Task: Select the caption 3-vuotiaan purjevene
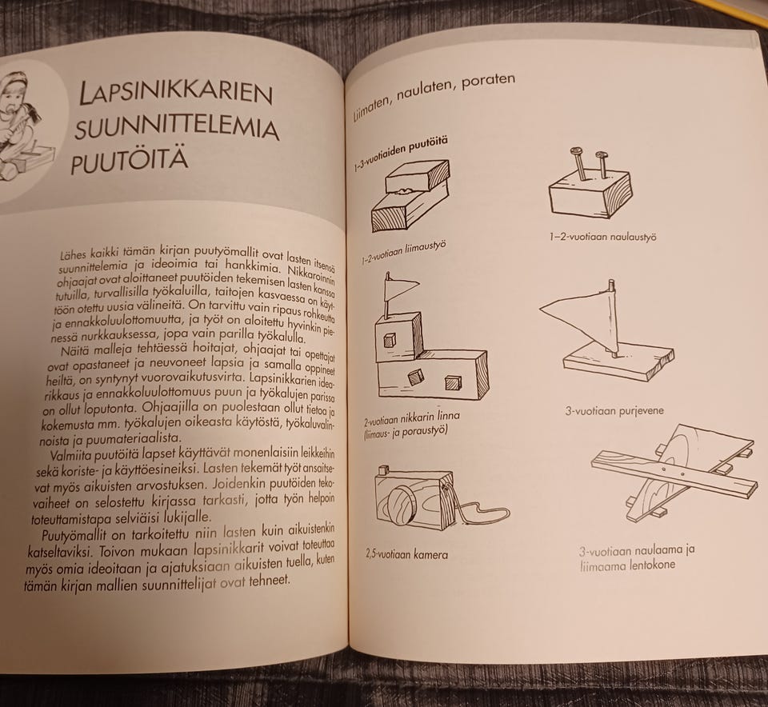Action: [x=614, y=411]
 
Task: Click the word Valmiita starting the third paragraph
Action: [x=71, y=455]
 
